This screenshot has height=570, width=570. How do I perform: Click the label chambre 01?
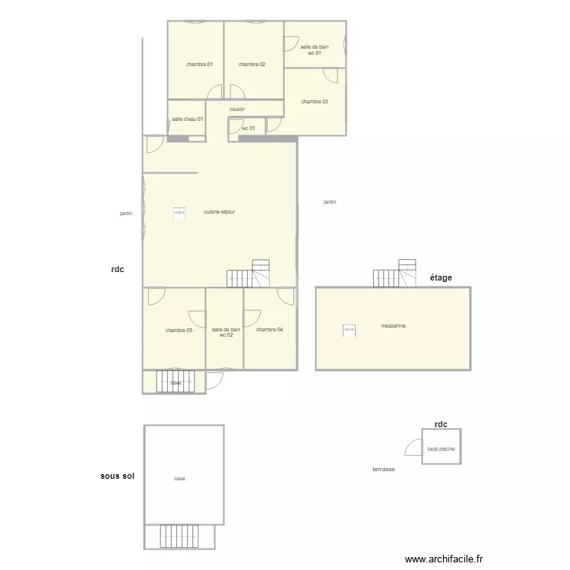pos(199,65)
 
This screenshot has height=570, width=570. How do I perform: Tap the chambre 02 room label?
pos(252,65)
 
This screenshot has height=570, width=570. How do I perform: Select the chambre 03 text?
pos(315,102)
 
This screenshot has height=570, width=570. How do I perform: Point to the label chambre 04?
pos(270,330)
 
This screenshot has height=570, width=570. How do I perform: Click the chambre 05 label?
pos(179,331)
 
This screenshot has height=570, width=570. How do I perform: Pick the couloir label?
pos(237,109)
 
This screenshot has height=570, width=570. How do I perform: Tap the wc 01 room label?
pos(249,128)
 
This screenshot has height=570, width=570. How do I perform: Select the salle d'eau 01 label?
pos(187,119)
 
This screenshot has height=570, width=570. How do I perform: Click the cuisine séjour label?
pos(220,212)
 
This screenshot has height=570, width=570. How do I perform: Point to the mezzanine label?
pos(393,326)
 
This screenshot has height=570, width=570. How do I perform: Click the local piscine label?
pos(442,449)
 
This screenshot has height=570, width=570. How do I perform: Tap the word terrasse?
pos(384,470)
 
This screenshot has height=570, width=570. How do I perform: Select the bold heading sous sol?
pos(117,477)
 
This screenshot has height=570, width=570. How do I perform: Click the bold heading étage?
pos(441,278)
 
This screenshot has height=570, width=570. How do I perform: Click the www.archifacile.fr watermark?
pos(444,559)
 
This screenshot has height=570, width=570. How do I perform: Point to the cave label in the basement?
pos(180,479)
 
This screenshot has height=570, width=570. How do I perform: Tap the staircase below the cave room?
pos(179,536)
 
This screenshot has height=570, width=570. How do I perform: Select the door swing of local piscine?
pos(414,448)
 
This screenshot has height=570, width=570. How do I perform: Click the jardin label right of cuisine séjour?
pos(330,202)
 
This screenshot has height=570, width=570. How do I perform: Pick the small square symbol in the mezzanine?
pos(349,330)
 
